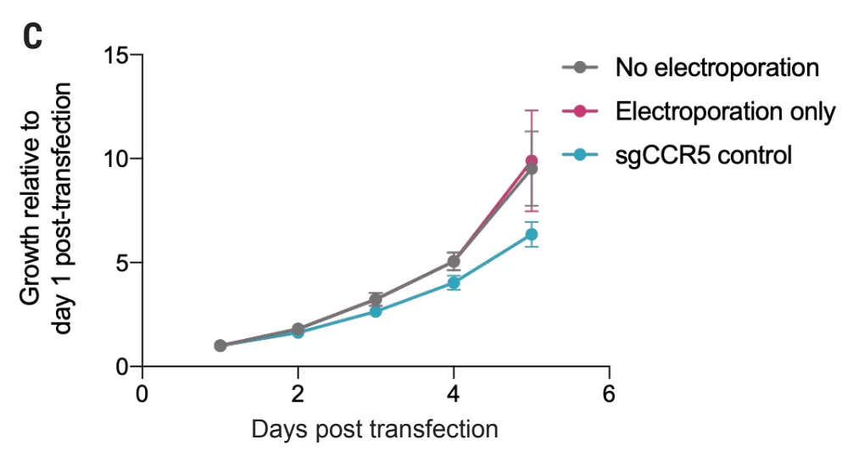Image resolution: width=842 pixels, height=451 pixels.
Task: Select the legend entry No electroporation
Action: (717, 67)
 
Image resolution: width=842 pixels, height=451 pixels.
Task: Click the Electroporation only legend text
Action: (726, 111)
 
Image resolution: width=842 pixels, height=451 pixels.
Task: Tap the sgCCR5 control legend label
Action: (704, 155)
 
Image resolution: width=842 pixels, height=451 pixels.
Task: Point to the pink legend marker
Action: (580, 111)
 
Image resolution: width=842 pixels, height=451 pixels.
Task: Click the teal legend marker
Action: (580, 155)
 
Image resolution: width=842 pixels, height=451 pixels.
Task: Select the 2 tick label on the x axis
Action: (298, 393)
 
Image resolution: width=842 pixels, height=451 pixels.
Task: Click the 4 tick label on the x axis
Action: (454, 393)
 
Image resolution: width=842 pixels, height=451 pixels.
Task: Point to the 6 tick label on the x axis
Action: (609, 393)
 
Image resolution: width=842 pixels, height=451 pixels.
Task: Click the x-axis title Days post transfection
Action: (376, 430)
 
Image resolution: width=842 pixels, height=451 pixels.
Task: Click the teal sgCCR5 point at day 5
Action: (532, 234)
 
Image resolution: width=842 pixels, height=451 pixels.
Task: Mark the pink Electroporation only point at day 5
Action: (532, 160)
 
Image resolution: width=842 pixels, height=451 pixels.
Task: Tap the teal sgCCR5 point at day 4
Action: (454, 283)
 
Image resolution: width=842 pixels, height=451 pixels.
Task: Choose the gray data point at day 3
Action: (376, 299)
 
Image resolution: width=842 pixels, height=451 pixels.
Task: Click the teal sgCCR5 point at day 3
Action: (376, 311)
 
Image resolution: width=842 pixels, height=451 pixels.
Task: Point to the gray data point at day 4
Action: (454, 261)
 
